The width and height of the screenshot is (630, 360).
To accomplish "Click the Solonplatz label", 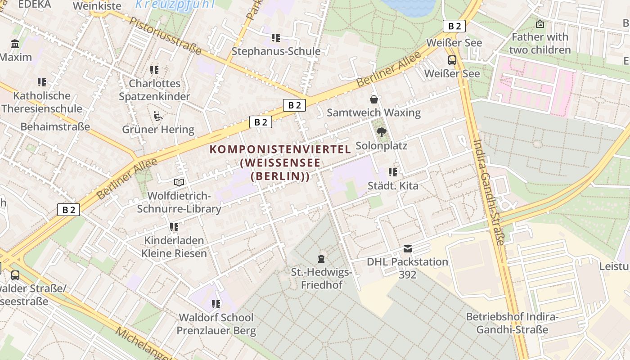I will coord(381,146).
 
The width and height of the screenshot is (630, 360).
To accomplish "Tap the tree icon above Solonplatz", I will coord(381,132).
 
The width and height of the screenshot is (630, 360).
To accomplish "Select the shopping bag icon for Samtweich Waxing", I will coord(373,99).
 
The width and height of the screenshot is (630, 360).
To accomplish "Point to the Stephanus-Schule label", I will coord(276,51).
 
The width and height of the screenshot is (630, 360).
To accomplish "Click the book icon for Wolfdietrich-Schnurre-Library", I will coord(179,182).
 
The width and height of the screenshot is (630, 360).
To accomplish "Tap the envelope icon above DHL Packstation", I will coord(407,249).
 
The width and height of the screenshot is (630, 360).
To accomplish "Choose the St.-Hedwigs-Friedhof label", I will coord(321,278).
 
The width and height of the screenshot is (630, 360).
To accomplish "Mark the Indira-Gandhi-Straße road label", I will coord(488,192).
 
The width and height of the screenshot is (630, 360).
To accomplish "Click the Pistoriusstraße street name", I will coord(165,36).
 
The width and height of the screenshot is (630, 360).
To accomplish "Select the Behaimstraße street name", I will coord(55,126).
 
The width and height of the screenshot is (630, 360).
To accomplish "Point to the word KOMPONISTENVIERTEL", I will coord(280,149).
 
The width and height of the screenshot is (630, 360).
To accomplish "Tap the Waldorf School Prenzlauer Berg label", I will coord(216,324).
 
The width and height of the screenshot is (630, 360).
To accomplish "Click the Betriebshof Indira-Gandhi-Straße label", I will coord(512,323).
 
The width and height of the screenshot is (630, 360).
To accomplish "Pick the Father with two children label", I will coord(540,43).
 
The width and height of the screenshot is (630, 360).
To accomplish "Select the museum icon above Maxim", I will coord(15,44).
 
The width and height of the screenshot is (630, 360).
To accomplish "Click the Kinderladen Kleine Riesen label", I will coord(174,247).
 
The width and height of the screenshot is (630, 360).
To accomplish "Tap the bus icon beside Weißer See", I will coord(452,60).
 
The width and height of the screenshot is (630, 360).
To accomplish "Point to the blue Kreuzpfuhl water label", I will coord(175,5).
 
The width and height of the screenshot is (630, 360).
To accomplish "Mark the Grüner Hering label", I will coord(158,130).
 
